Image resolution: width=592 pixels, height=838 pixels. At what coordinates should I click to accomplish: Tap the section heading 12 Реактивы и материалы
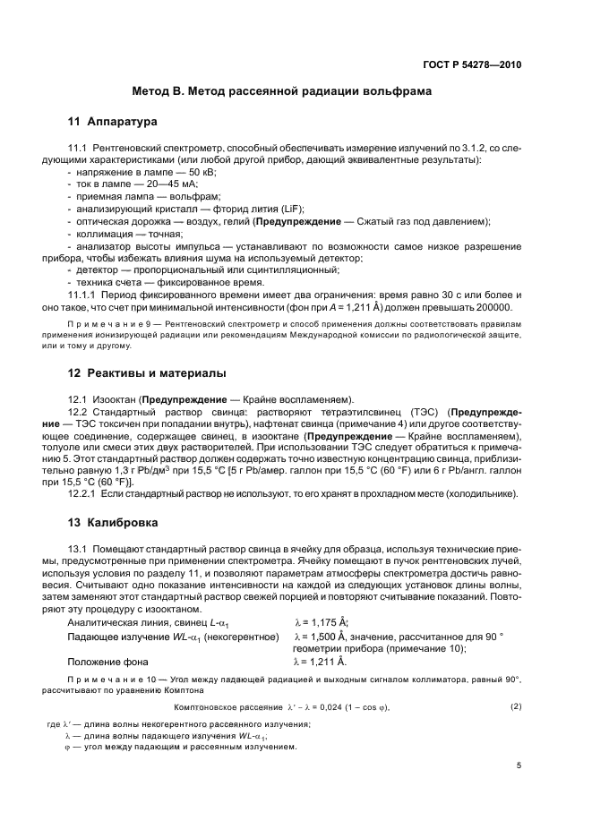(147, 372)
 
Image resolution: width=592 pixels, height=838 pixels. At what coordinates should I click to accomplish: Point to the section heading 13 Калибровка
(115, 522)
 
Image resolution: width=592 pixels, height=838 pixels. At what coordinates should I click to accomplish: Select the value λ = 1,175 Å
(321, 623)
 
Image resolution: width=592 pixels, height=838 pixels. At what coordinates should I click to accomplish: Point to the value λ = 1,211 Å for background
(321, 662)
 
